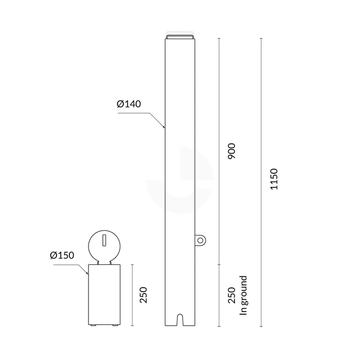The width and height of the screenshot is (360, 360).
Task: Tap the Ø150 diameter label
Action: (x=62, y=255)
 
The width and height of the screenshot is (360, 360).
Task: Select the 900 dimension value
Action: (x=232, y=151)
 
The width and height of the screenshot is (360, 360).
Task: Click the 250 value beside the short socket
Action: (x=145, y=295)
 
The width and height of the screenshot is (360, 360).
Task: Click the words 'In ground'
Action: (x=244, y=295)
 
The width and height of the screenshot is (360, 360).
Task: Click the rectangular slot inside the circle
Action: (x=104, y=240)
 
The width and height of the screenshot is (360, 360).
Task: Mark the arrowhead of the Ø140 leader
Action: (x=164, y=127)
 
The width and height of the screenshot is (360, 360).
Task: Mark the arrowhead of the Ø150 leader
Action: (x=88, y=274)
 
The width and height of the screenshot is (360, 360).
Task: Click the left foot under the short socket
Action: (x=94, y=326)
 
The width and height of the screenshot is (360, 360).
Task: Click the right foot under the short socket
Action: (x=114, y=326)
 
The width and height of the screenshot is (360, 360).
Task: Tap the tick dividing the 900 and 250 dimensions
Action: (x=220, y=264)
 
